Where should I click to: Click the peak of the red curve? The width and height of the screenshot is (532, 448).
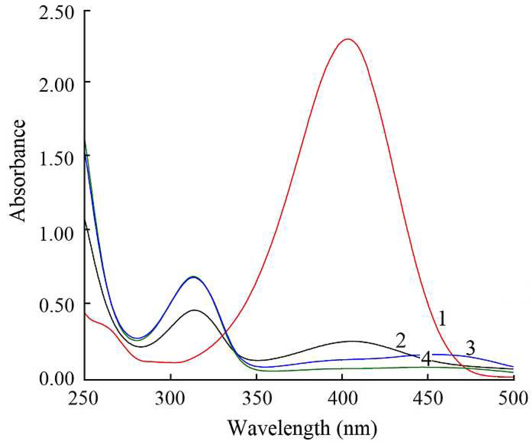click(347, 39)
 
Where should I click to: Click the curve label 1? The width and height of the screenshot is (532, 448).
click(442, 318)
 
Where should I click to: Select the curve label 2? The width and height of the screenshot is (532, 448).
click(400, 341)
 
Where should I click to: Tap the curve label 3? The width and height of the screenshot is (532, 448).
click(470, 348)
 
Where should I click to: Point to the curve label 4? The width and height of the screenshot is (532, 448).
click(426, 358)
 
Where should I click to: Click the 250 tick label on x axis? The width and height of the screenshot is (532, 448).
click(83, 398)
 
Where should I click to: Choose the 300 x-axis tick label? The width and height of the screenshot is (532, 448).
click(170, 398)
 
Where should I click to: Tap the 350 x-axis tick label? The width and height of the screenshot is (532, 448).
click(257, 398)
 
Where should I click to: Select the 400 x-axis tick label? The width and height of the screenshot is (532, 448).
click(342, 398)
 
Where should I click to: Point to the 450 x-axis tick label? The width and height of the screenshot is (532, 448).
click(428, 398)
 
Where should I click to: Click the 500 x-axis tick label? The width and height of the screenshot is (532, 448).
click(513, 398)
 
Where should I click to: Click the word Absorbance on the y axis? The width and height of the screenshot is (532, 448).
click(18, 170)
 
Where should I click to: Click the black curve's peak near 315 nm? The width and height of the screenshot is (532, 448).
click(195, 310)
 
